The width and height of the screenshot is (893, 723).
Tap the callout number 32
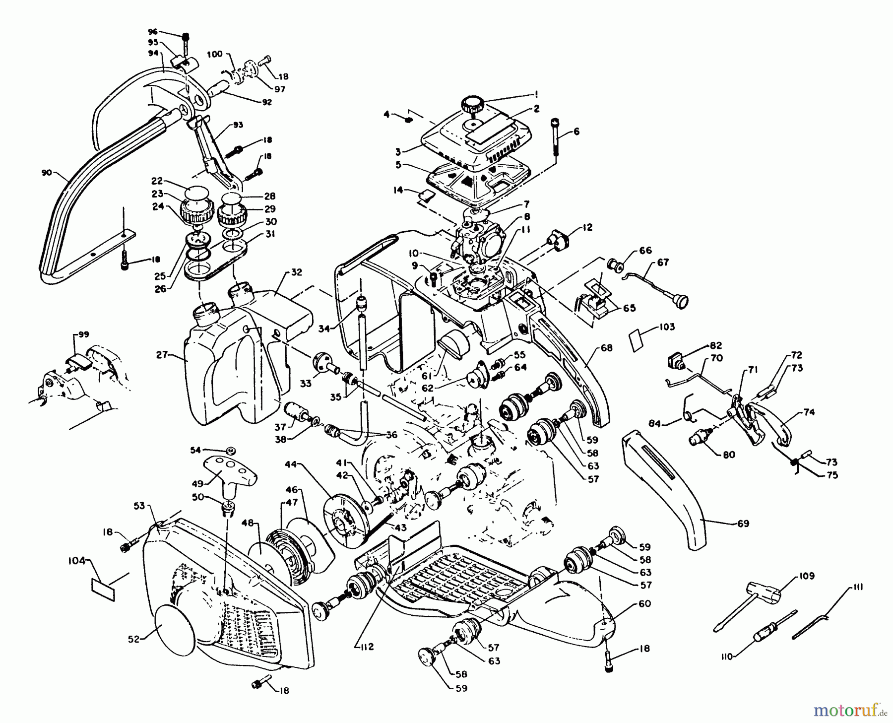coord(296,272)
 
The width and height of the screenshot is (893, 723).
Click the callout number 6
coord(576,131)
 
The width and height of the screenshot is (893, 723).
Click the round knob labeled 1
coord(472,106)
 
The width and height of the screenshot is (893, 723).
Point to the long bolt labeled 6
coord(556,138)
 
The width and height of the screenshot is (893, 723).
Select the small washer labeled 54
coord(230,451)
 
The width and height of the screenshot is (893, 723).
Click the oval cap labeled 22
coord(195,192)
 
